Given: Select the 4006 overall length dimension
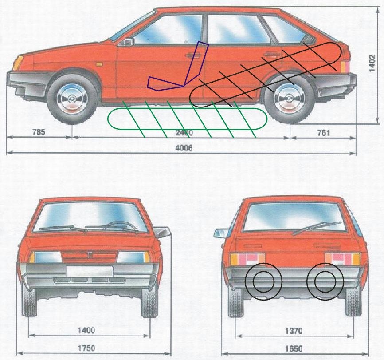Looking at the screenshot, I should click(184, 149).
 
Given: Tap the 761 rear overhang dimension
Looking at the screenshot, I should click(323, 132).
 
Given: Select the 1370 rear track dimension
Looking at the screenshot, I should click(294, 331).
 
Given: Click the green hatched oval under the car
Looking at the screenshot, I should click(188, 119).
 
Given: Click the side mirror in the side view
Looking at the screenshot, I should click(128, 42).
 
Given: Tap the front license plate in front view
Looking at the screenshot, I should click(88, 271).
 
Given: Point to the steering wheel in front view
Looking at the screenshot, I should click(120, 225).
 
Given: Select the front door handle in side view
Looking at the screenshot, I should click(192, 55).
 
